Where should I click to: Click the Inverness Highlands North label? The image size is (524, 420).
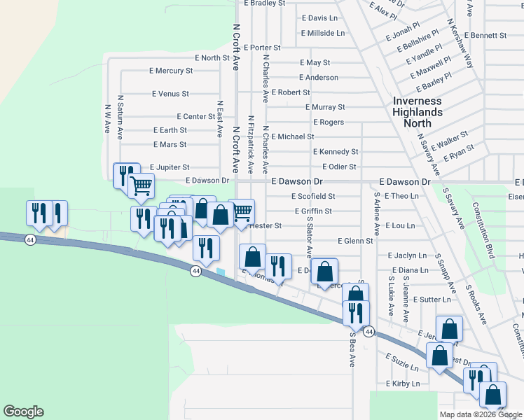[418, 112]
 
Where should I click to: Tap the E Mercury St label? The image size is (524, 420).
[171, 71]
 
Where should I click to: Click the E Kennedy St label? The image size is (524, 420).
[336, 151]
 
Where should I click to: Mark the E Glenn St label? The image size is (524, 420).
[355, 241]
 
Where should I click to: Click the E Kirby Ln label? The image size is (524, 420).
[403, 384]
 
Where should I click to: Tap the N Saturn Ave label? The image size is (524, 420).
[120, 115]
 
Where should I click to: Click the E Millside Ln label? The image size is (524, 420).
[323, 33]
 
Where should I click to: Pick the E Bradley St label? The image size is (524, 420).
[265, 3]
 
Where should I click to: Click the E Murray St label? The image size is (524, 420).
[325, 107]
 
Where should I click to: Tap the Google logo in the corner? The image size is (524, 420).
[23, 412]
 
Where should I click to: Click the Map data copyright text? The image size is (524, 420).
[480, 414]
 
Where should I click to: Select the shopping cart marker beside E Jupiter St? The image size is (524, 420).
[142, 185]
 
